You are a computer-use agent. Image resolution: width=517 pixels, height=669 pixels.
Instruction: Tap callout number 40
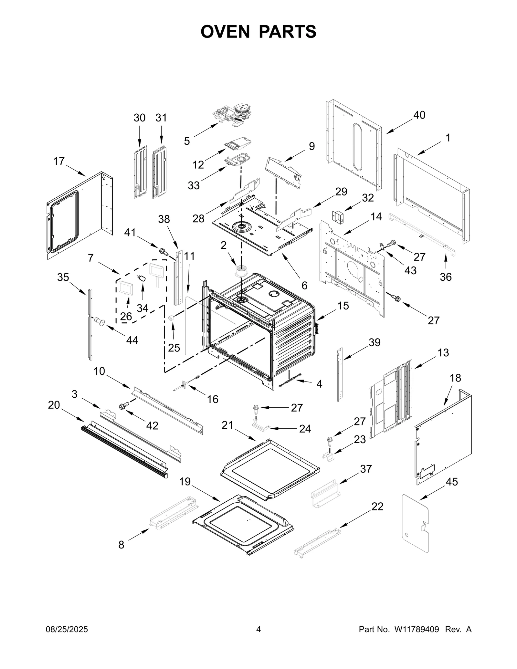[x=419, y=115]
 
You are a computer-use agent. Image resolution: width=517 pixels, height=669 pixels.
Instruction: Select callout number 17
[x=59, y=161]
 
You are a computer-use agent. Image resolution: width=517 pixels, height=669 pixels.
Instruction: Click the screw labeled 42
[x=124, y=406]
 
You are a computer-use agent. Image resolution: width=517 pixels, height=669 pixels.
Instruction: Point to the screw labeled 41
[x=163, y=251]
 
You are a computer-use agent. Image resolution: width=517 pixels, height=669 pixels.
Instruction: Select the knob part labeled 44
[x=100, y=322]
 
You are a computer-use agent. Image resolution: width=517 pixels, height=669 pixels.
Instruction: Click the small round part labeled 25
[x=172, y=318]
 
